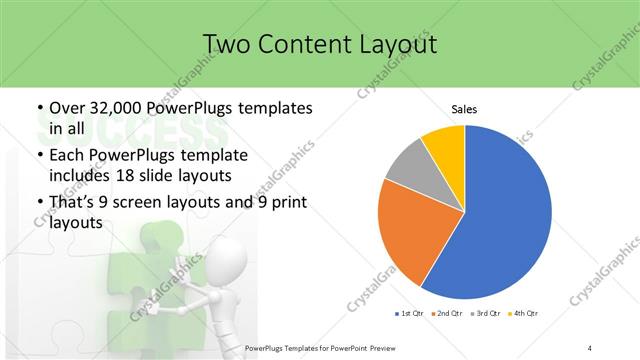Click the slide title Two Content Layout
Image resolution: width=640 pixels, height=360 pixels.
[320, 44]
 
